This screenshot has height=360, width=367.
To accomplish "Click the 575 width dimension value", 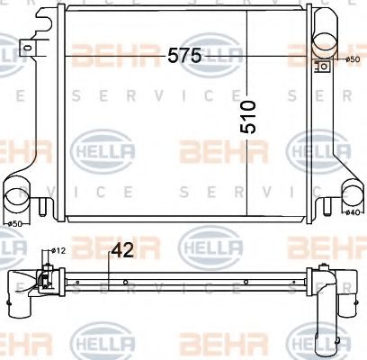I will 183,56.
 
